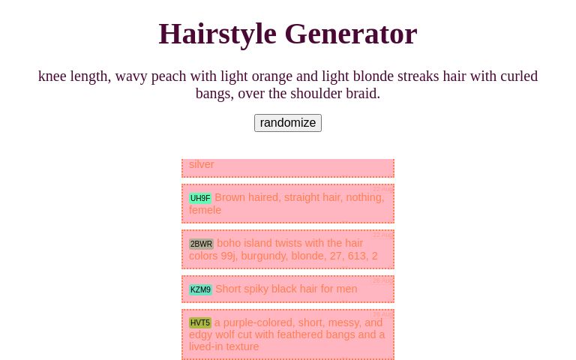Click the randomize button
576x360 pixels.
tap(288, 123)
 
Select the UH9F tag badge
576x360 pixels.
tap(200, 198)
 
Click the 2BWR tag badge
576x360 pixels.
tap(201, 244)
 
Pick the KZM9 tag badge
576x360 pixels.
tap(200, 289)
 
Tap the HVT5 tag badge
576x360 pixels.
tap(200, 322)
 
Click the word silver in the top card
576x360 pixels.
tap(202, 164)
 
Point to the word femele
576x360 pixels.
tap(205, 210)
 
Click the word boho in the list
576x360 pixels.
tap(229, 243)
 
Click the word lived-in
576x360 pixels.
tap(211, 346)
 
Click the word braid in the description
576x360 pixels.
tap(359, 93)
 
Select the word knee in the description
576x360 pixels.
tap(52, 76)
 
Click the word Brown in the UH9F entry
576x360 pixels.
tap(230, 197)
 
